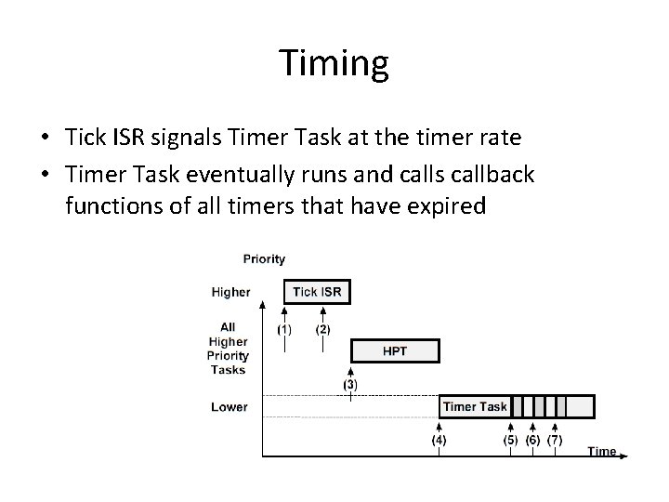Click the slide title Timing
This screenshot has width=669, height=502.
click(334, 64)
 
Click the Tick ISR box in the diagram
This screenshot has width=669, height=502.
click(317, 292)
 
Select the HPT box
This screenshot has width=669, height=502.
click(395, 350)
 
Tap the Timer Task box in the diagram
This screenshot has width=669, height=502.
click(475, 406)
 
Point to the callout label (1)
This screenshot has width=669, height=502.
click(285, 328)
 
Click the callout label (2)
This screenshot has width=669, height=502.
click(322, 328)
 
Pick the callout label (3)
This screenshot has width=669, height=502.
click(350, 384)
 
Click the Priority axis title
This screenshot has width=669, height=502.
click(264, 258)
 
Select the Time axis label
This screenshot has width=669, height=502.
click(601, 451)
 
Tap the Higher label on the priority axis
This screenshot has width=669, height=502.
click(230, 292)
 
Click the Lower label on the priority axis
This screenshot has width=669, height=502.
click(230, 406)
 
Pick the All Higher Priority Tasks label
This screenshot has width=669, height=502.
click(229, 348)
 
